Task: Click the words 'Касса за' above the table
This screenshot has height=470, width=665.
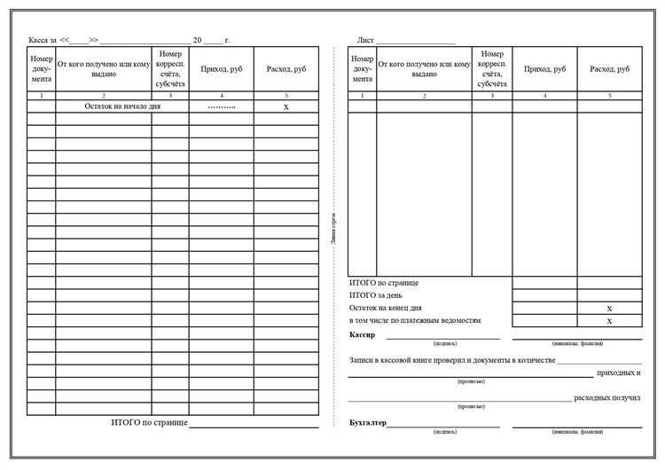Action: coord(43,41)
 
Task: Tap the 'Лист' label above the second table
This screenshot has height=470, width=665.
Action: coord(365,41)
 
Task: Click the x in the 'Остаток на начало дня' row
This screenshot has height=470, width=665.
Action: coord(286,106)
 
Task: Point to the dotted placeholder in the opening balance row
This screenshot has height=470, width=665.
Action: coord(221,106)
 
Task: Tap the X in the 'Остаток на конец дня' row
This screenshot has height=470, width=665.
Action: coord(609,308)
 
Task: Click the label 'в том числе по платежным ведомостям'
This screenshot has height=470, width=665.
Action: coord(415,320)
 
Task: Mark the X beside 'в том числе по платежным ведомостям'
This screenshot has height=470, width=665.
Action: coord(609,321)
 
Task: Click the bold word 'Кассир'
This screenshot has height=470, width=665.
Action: coord(363,335)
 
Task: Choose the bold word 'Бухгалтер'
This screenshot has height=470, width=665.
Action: coord(368,424)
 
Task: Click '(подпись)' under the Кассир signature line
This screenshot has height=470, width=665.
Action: coord(445,342)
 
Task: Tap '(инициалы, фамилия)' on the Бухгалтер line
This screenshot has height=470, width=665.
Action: coord(576,432)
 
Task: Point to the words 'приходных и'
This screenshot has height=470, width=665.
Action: coord(619,372)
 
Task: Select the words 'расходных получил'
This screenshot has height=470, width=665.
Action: coord(607,398)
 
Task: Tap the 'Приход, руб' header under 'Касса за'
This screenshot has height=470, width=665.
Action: coord(221,68)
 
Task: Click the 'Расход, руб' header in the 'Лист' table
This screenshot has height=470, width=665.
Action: coord(609,68)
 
